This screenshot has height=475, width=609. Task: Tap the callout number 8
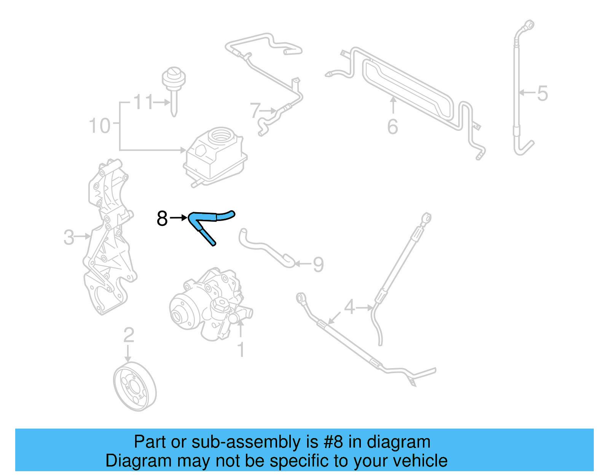point(162,218)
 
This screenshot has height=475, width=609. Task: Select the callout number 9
point(318,264)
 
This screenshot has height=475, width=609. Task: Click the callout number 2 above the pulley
point(129,335)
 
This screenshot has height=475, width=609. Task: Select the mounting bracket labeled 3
point(108,236)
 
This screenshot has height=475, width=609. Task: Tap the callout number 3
point(69,237)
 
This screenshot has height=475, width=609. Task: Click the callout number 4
point(349,307)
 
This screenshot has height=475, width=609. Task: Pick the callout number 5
point(542,93)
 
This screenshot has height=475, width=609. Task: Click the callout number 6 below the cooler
point(392,127)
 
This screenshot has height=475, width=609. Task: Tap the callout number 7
point(255,111)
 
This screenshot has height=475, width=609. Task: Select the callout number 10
point(99,126)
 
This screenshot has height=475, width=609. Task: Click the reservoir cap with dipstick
point(174,80)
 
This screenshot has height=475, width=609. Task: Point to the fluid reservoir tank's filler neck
point(220,135)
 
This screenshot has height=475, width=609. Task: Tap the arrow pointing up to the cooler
point(393,105)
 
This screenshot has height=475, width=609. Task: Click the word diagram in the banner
point(399,442)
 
